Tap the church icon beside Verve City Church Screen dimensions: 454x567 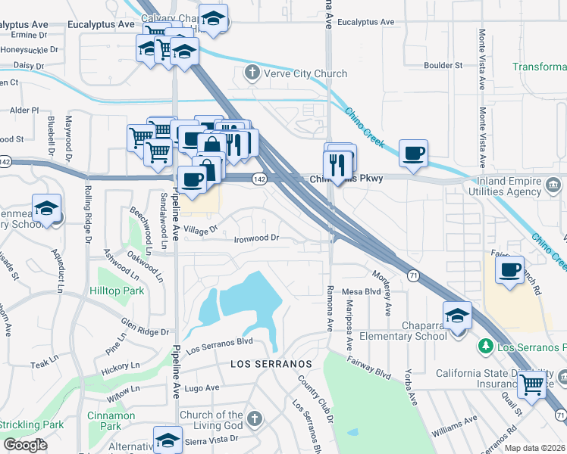(252, 73)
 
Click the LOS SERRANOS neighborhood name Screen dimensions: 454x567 (271, 364)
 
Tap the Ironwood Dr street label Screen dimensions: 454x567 (256, 238)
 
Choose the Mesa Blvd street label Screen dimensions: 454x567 (361, 291)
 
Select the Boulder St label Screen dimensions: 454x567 (443, 66)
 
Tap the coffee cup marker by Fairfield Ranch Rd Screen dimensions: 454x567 (510, 271)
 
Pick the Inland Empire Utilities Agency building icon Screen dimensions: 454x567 (554, 184)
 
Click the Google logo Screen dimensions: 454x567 (25, 445)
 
